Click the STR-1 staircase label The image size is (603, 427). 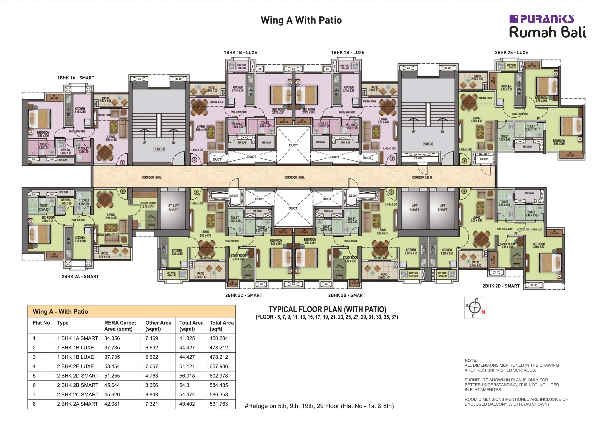159,149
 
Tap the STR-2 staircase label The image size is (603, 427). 428,144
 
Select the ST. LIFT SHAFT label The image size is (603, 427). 173,208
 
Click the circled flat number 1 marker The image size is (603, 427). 122,163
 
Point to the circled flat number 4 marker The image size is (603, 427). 464,160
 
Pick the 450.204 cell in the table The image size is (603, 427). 219,338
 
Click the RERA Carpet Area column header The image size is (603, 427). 120,326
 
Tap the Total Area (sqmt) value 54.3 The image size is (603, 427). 184,385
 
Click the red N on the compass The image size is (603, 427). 483,312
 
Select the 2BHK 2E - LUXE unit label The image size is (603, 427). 511,52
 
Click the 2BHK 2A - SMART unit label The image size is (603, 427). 80,277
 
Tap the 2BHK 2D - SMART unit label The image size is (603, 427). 501,286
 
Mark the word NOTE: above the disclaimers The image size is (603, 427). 471,360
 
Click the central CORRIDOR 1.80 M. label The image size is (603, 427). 294,177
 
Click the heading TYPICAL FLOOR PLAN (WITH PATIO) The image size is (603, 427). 327,309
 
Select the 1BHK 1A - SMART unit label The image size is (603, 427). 76,78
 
